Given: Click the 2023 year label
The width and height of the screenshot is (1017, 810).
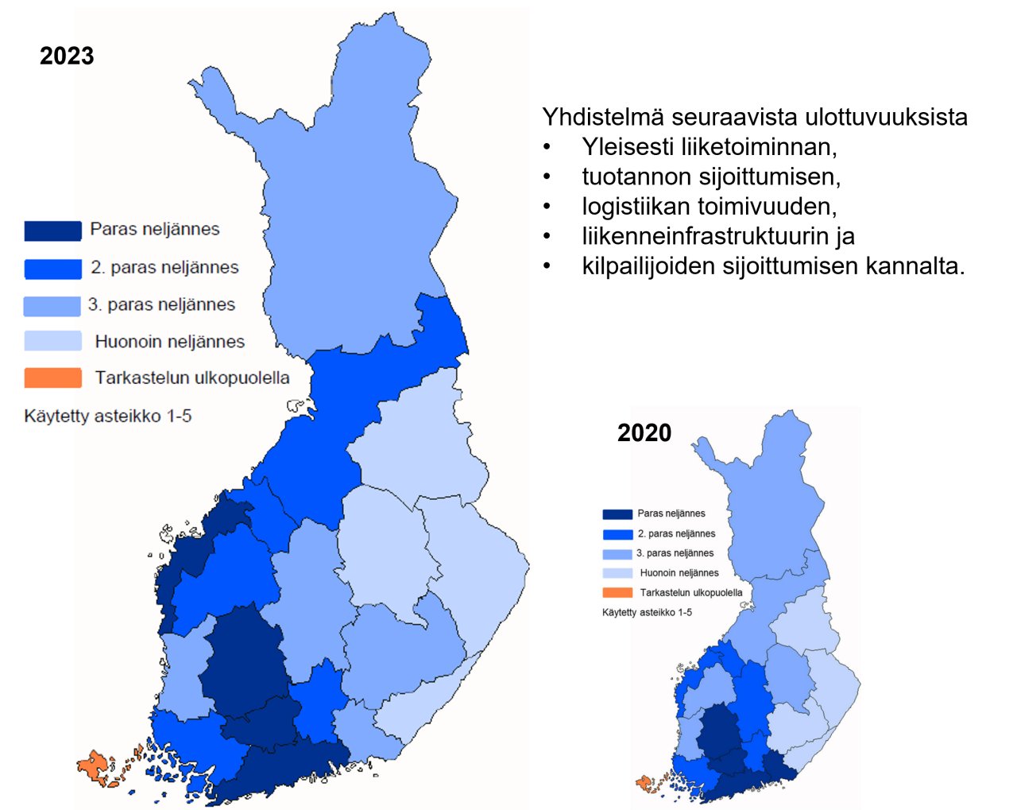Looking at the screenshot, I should (67, 56).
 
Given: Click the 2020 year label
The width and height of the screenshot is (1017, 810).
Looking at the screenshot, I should (644, 432).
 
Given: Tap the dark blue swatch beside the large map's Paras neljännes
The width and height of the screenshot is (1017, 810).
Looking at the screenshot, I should (52, 231).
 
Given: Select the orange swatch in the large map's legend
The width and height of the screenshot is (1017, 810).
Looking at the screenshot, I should (52, 378).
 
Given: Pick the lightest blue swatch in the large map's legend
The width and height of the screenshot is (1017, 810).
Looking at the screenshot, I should (52, 341).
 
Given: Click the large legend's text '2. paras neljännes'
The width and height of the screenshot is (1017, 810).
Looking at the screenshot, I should (164, 267).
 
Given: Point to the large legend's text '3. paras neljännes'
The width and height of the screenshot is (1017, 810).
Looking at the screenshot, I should (161, 304).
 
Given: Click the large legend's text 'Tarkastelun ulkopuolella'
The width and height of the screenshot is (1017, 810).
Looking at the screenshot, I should (192, 378).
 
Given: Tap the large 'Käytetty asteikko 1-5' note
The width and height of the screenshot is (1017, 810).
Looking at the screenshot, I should (108, 416).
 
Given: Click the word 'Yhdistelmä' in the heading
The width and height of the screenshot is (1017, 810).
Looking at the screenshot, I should (603, 117).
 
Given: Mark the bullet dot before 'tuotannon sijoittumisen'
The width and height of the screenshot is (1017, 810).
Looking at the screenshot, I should (547, 176).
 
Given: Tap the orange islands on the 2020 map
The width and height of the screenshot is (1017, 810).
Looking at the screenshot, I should (646, 783).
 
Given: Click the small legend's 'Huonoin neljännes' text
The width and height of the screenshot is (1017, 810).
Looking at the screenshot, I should (679, 572).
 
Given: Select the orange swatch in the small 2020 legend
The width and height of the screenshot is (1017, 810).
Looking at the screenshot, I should (617, 592).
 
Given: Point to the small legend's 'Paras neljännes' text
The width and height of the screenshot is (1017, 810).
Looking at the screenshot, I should (671, 514).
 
